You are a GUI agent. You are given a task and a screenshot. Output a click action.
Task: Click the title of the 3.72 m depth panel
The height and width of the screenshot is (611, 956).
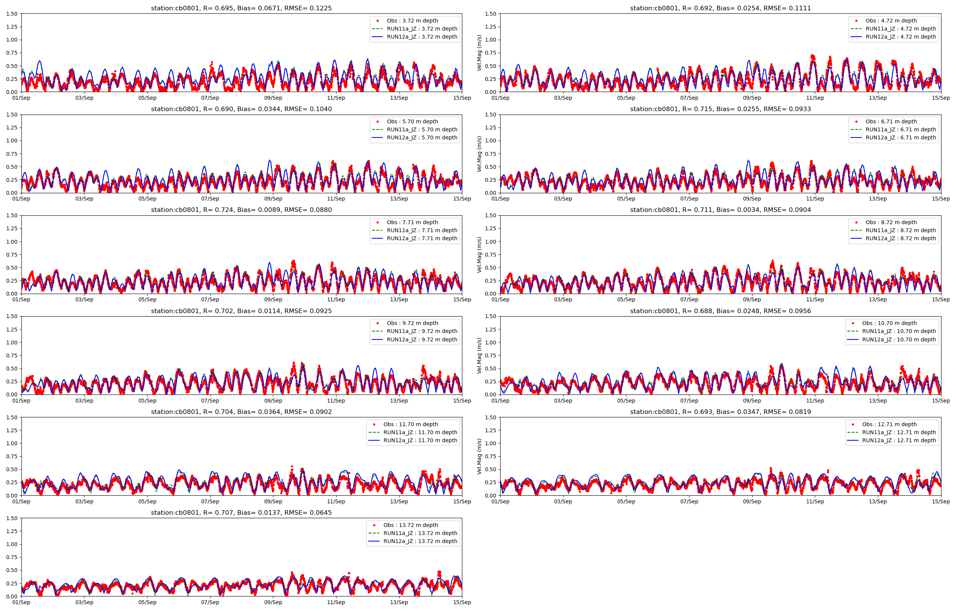[x=241, y=8]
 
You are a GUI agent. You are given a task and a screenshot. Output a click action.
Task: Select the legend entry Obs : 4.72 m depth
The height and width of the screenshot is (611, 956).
[x=891, y=21]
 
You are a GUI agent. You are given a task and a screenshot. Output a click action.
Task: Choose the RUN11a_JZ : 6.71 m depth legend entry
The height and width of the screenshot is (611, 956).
[x=901, y=129]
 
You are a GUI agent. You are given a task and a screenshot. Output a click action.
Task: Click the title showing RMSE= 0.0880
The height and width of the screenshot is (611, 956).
[x=241, y=210]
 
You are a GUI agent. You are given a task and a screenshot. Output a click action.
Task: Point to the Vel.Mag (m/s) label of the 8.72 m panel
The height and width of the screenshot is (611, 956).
[x=479, y=255]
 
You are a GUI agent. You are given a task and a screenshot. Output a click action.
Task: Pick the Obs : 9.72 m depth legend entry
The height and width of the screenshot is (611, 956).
[x=412, y=323]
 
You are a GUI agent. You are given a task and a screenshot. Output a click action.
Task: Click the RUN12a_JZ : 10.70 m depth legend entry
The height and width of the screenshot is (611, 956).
[x=899, y=339]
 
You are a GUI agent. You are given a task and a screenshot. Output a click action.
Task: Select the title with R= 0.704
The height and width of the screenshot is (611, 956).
[x=241, y=412]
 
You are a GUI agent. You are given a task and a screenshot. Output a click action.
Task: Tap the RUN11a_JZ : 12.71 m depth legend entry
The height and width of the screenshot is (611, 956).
[x=899, y=432]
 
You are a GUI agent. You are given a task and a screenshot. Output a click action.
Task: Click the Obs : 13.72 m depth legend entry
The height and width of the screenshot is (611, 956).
[x=411, y=525]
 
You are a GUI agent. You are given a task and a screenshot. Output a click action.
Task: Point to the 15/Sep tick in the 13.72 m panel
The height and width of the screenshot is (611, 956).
[x=462, y=602]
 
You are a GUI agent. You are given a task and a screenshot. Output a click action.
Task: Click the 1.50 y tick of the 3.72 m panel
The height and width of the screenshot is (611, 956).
[x=12, y=14]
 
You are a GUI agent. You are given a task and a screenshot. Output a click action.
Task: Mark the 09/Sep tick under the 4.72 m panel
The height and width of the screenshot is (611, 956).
[x=752, y=98]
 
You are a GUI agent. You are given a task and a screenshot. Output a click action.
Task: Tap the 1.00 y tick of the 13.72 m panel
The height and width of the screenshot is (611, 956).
[x=12, y=544]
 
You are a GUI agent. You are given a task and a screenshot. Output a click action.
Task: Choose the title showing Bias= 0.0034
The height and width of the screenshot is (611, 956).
[x=720, y=210]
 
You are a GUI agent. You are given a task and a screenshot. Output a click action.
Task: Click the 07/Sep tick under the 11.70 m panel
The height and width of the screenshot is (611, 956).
[x=210, y=501]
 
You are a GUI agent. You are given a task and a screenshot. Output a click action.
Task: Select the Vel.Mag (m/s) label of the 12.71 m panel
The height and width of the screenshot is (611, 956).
[x=479, y=456]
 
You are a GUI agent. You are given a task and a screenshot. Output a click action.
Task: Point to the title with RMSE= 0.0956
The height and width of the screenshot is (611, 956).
[x=720, y=311]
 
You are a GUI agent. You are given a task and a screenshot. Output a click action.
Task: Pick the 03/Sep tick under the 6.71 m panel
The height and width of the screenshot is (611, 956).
[x=563, y=199]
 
